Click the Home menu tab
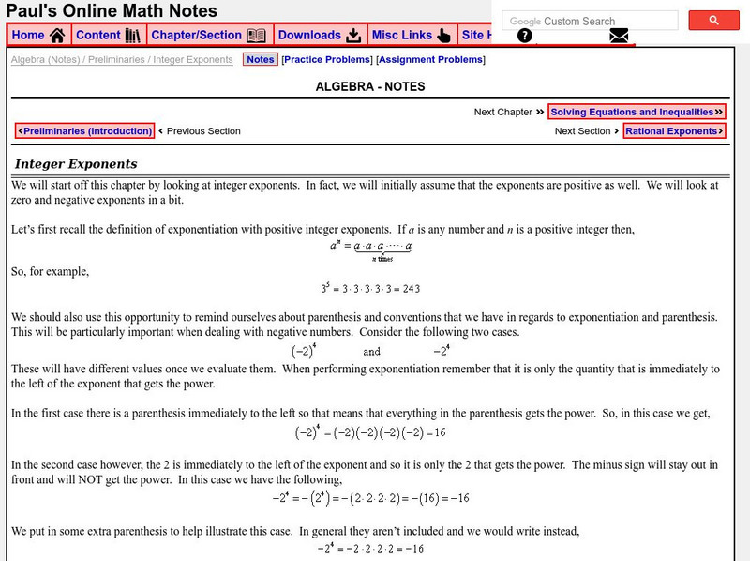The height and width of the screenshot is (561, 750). click(38, 36)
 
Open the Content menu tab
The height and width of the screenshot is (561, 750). click(107, 36)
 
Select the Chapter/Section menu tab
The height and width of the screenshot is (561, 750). click(208, 36)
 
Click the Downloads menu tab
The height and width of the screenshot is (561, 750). click(320, 36)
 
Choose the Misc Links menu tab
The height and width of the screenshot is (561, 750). click(411, 36)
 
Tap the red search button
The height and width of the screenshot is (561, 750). click(714, 21)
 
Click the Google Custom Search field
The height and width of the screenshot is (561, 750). click(591, 21)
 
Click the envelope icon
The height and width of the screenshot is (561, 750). click(618, 37)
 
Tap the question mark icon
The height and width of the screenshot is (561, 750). click(525, 37)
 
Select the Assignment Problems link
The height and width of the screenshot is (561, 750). click(431, 60)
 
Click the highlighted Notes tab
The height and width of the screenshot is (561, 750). click(260, 60)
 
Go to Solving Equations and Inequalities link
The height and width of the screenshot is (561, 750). click(637, 112)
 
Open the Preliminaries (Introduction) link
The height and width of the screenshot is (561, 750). click(84, 131)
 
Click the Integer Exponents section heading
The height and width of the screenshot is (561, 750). click(76, 164)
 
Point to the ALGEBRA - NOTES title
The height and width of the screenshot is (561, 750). click(370, 86)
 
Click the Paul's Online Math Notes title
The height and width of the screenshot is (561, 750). click(112, 11)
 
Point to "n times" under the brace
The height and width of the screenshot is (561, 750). click(382, 258)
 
